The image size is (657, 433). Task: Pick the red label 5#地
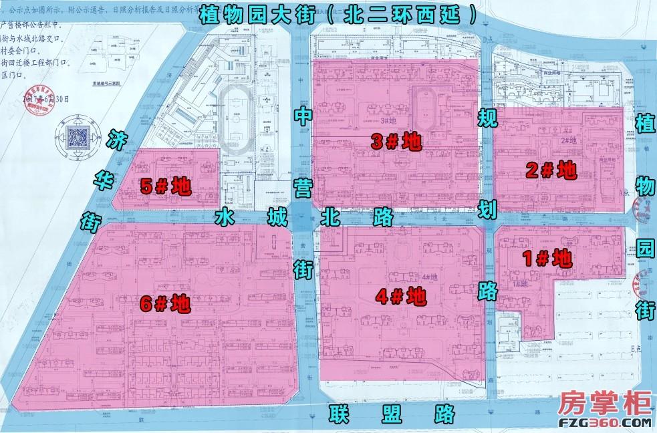pyautogui.click(x=166, y=186)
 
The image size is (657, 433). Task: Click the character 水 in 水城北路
pyautogui.click(x=225, y=218)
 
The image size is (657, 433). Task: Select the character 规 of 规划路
pyautogui.click(x=486, y=119)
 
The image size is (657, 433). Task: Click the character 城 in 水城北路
pyautogui.click(x=276, y=218)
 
